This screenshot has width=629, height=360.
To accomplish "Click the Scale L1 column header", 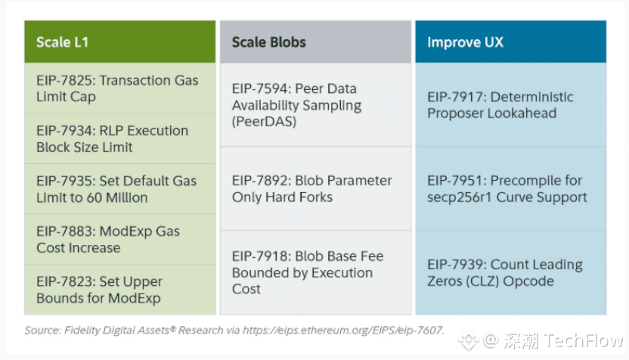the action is pos(120,42).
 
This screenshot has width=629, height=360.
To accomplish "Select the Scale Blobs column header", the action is pos(315,42).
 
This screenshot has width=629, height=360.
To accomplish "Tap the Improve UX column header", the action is pos(510,42).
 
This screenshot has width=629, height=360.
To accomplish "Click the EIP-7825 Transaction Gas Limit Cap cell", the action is pos(120,88).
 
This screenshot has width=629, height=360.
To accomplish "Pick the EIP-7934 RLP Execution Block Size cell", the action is pos(120,139).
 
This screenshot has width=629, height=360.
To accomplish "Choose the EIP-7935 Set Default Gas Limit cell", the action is pos(120,189).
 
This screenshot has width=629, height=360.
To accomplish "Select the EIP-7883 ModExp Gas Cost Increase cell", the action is pos(120,239).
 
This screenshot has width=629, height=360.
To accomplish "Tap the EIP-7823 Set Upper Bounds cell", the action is pos(120,290).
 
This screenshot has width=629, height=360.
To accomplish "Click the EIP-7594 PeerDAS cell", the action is pos(315,105).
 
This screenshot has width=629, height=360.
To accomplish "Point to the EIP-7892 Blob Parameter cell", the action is pos(315,188).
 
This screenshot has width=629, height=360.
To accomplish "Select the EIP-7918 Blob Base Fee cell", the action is pos(315,272).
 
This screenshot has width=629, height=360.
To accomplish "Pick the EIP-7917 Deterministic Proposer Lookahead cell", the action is pos(510,105).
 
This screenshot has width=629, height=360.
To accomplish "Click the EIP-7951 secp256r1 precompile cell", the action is pos(510,188).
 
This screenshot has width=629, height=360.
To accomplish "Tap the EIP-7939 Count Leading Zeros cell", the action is pos(510,272).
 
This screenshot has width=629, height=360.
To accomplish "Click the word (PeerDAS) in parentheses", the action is pos(264,122).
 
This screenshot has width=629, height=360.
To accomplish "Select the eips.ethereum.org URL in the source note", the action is pos(343,331).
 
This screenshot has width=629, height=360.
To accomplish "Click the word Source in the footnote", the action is pos(42,331).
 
